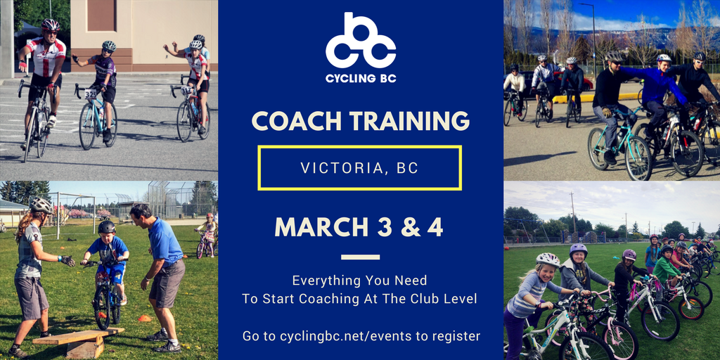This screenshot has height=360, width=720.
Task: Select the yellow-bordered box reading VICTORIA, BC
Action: [x=360, y=168]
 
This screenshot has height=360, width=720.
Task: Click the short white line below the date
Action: [x=360, y=257]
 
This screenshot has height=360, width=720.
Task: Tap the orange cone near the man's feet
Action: [x=144, y=319]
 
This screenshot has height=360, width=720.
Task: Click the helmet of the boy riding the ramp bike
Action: [x=107, y=227]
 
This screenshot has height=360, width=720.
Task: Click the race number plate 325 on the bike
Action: [x=91, y=94]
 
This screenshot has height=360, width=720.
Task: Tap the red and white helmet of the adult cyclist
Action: [x=50, y=25]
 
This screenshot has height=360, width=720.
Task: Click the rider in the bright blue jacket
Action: [x=657, y=91]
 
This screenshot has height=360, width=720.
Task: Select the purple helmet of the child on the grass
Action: [x=578, y=250]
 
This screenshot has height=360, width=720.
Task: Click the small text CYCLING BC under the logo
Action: [x=360, y=78]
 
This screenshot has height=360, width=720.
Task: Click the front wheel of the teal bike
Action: [x=638, y=158]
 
